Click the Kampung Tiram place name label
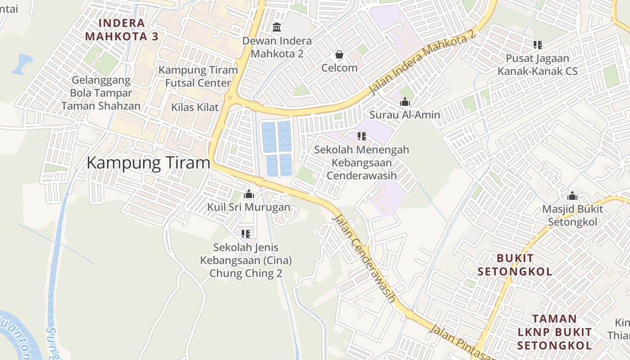pyautogui.click(x=148, y=163)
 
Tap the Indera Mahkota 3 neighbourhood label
pyautogui.click(x=122, y=30)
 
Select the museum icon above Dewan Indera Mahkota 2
pyautogui.click(x=277, y=27)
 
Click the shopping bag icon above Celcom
pyautogui.click(x=339, y=55)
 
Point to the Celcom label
pyautogui.click(x=339, y=68)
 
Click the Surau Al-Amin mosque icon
pyautogui.click(x=405, y=102)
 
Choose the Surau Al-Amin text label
pyautogui.click(x=405, y=115)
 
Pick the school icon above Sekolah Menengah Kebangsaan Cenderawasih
pyautogui.click(x=361, y=136)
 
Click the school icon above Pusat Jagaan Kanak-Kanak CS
pyautogui.click(x=537, y=45)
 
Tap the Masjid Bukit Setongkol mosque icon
pyautogui.click(x=572, y=196)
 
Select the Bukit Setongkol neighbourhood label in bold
pyautogui.click(x=515, y=265)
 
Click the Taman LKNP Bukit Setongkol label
pyautogui.click(x=554, y=332)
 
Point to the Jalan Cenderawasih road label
pyautogui.click(x=364, y=259)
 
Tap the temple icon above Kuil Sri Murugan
pyautogui.click(x=248, y=194)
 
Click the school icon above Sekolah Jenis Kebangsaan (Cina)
pyautogui.click(x=246, y=234)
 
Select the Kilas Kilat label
pyautogui.click(x=195, y=107)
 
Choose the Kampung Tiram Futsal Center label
pyautogui.click(x=198, y=76)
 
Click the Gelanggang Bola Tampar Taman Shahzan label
pyautogui.click(x=101, y=93)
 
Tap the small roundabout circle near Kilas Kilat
pyautogui.click(x=230, y=97)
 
